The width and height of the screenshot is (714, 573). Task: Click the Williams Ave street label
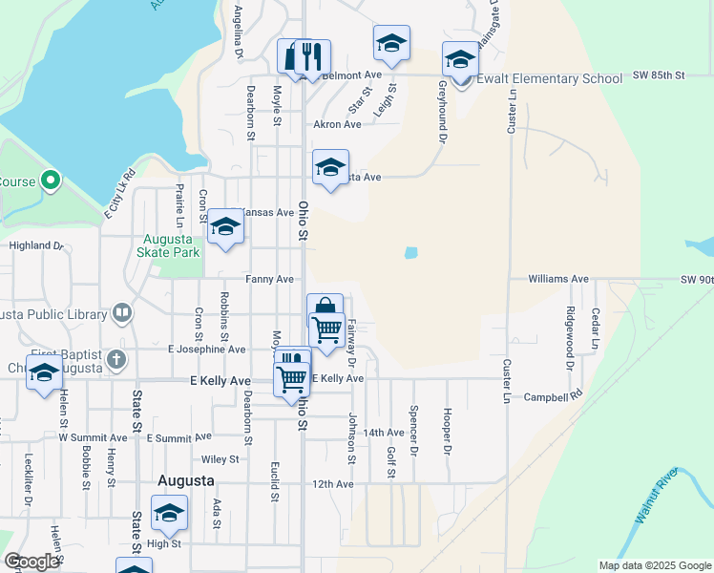(559, 279)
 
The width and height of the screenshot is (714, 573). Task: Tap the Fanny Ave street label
(269, 279)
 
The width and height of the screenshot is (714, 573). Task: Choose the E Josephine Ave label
(207, 350)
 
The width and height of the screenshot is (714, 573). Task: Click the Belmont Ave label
(351, 74)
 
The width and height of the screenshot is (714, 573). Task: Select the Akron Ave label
(337, 124)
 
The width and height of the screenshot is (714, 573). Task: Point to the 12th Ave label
(332, 484)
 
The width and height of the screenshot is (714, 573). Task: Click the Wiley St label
(220, 459)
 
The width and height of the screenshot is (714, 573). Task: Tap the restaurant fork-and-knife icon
(310, 57)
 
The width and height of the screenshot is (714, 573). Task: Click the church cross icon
(116, 360)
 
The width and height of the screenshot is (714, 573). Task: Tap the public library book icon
(122, 311)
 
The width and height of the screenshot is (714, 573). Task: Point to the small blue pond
(410, 253)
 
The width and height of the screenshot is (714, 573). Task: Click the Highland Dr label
(35, 245)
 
